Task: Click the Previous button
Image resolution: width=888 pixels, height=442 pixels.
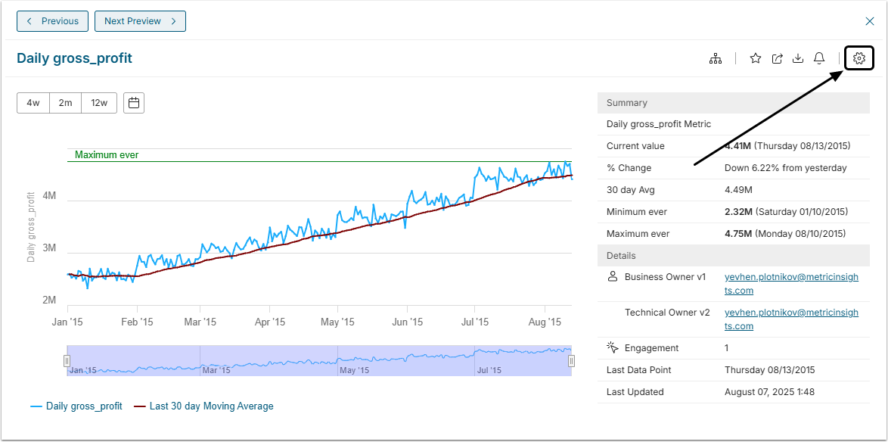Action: [52, 21]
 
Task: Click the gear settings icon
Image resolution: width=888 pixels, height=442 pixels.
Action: [859, 58]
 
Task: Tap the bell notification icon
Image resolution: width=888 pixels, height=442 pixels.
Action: [819, 58]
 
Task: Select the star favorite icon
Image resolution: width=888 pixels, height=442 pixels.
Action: [756, 58]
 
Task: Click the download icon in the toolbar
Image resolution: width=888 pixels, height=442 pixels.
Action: [798, 58]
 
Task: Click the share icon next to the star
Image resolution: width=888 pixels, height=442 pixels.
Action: [777, 58]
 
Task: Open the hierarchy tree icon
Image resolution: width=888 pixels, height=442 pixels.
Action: [715, 58]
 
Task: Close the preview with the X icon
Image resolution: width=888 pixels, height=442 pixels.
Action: [870, 21]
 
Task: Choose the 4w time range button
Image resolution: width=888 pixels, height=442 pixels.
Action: [33, 103]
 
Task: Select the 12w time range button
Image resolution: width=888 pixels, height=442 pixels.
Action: [99, 103]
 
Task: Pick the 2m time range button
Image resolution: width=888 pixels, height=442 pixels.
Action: [66, 103]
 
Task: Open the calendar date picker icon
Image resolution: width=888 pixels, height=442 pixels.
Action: [134, 103]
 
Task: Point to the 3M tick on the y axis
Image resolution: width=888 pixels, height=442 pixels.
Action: [49, 248]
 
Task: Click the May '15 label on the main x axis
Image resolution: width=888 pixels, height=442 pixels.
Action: [337, 322]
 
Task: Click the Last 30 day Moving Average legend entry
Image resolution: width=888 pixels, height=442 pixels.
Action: [204, 406]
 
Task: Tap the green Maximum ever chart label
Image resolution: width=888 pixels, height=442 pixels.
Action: [107, 155]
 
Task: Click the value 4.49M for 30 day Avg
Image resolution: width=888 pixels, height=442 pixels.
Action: [738, 190]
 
